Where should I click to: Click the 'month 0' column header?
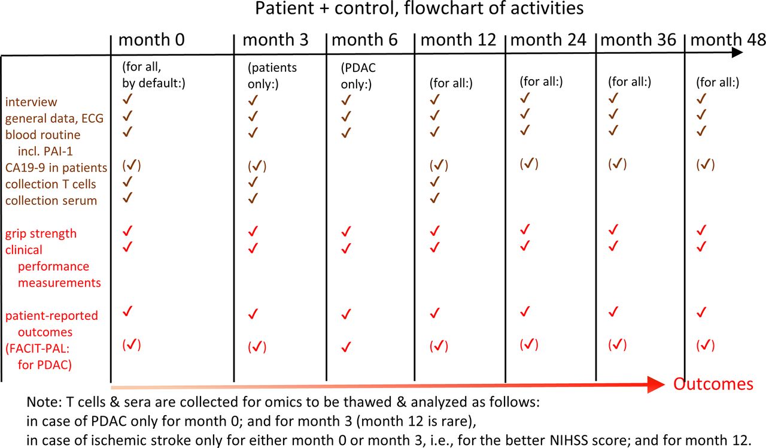[x=151, y=40]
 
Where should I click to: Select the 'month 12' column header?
[x=458, y=40]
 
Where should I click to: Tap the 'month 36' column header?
[x=638, y=40]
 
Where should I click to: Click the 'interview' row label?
[x=31, y=102]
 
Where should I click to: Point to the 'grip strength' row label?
[x=41, y=234]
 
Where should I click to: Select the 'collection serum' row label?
[x=51, y=201]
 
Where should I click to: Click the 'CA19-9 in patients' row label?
[x=56, y=168]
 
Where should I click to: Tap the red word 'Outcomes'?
[x=713, y=384]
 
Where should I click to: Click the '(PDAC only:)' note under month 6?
[x=358, y=75]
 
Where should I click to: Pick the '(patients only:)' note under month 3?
[x=272, y=75]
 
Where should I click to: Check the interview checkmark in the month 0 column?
[x=127, y=99]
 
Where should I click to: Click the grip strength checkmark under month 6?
[x=346, y=231]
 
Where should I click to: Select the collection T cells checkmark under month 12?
[x=434, y=181]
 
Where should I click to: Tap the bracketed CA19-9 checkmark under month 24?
[x=529, y=164]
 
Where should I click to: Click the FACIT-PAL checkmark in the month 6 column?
[x=346, y=347]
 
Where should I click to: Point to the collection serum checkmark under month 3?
[x=253, y=198]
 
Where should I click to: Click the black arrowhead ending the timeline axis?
[x=737, y=52]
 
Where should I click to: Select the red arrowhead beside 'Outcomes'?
[x=656, y=385]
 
